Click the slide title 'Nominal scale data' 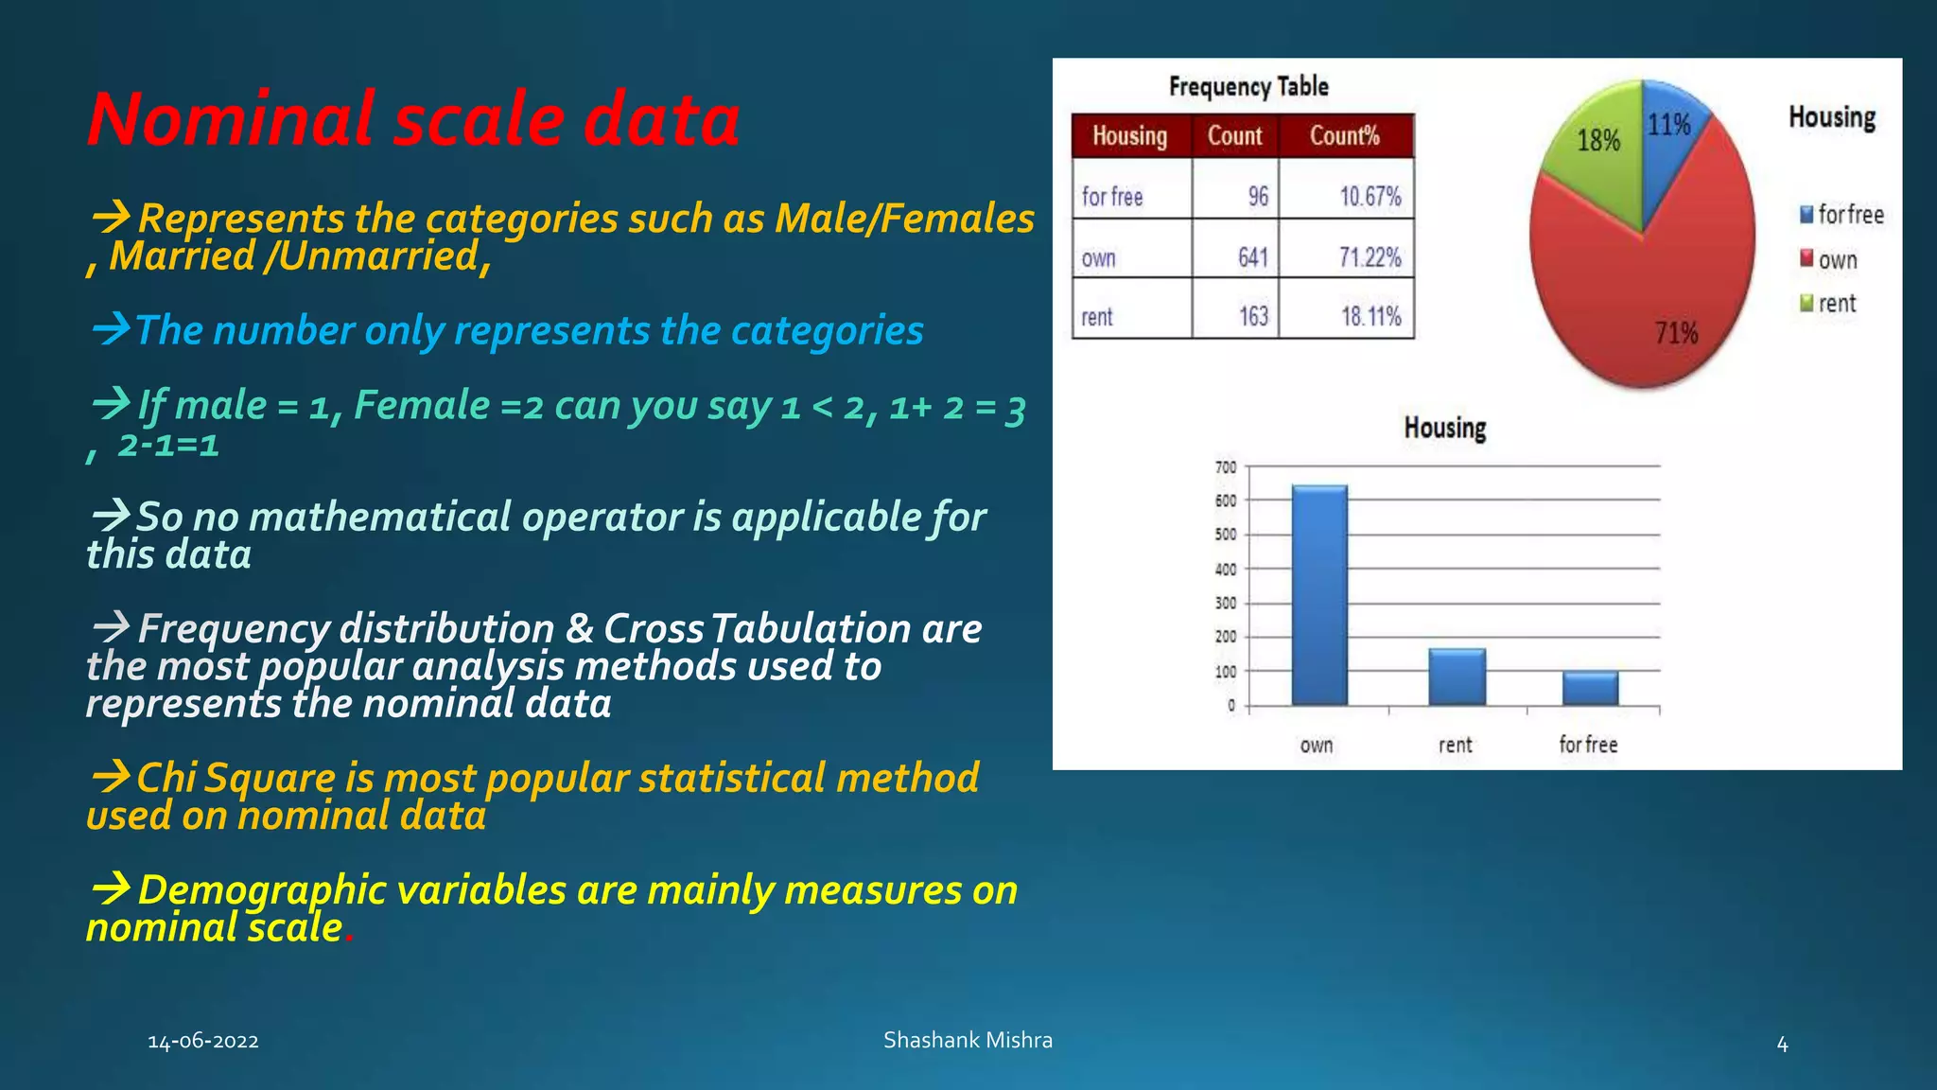[x=413, y=120]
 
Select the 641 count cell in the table [x=1252, y=257]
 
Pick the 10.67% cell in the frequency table [x=1370, y=197]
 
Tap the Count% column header [x=1344, y=136]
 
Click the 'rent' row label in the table [x=1097, y=317]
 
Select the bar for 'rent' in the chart [x=1457, y=677]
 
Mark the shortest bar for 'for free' [x=1590, y=688]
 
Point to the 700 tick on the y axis [x=1226, y=467]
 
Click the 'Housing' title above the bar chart [x=1444, y=428]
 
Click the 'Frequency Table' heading [x=1248, y=87]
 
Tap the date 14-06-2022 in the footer [x=203, y=1042]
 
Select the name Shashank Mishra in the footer [x=968, y=1040]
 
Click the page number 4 [x=1782, y=1045]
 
